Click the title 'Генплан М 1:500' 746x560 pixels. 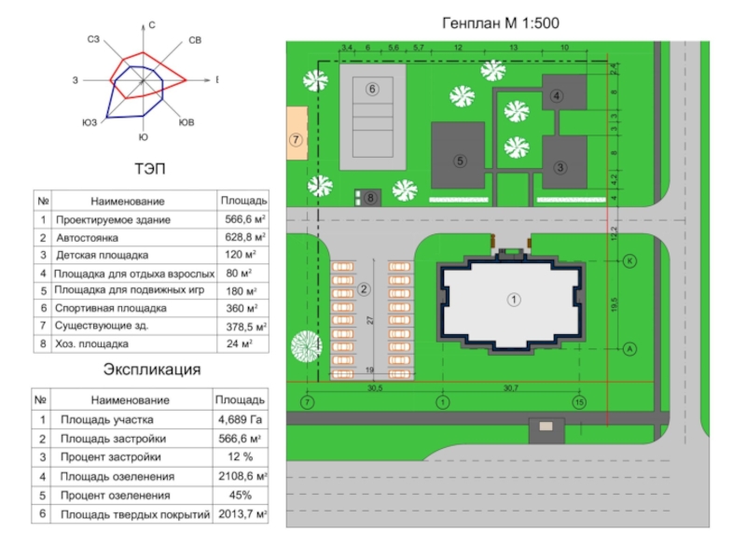tap(500, 22)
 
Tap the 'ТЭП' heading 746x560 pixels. tap(145, 169)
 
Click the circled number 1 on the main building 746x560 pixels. tap(513, 299)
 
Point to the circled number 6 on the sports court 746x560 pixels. tap(372, 89)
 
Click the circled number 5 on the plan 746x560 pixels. tap(459, 161)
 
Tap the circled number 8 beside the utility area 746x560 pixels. tap(370, 198)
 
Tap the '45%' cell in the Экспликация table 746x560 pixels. tap(241, 495)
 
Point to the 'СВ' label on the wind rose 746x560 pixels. tap(195, 40)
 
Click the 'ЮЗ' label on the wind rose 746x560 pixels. tap(90, 122)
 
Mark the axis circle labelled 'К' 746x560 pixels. tap(629, 260)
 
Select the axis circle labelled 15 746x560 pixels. tap(579, 402)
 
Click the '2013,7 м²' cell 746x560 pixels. tap(241, 514)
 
